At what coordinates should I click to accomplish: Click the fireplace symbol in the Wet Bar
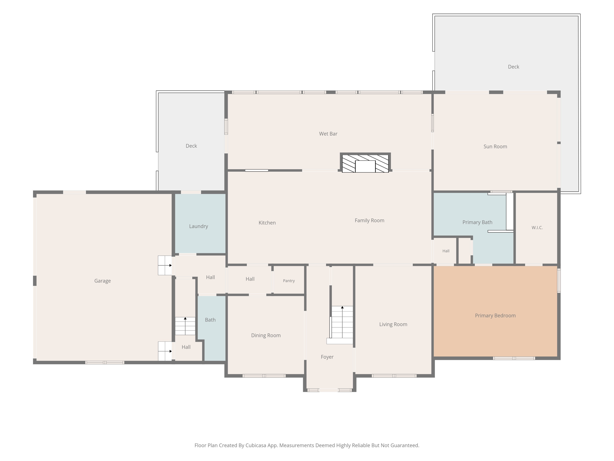[x=365, y=163]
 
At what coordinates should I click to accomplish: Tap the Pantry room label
[x=289, y=281]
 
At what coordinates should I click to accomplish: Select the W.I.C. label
[x=537, y=228]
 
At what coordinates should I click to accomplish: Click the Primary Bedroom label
[x=495, y=316]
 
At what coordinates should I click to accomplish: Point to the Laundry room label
[x=198, y=226]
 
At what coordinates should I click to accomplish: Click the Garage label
[x=103, y=281]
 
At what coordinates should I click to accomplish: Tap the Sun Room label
[x=495, y=146]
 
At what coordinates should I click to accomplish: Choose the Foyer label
[x=327, y=357]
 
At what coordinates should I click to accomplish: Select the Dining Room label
[x=266, y=336]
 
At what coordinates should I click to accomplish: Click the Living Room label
[x=393, y=324]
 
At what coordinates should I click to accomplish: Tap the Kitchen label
[x=267, y=223]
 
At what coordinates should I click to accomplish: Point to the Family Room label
[x=369, y=221]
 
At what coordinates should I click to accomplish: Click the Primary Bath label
[x=477, y=222]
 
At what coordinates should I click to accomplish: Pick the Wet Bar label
[x=328, y=134]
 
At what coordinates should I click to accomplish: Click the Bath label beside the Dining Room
[x=210, y=320]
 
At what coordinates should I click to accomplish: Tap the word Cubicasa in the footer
[x=256, y=445]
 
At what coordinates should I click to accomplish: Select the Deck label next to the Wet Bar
[x=191, y=146]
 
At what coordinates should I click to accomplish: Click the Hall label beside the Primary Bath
[x=446, y=251]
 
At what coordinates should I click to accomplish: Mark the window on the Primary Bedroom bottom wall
[x=514, y=358]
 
